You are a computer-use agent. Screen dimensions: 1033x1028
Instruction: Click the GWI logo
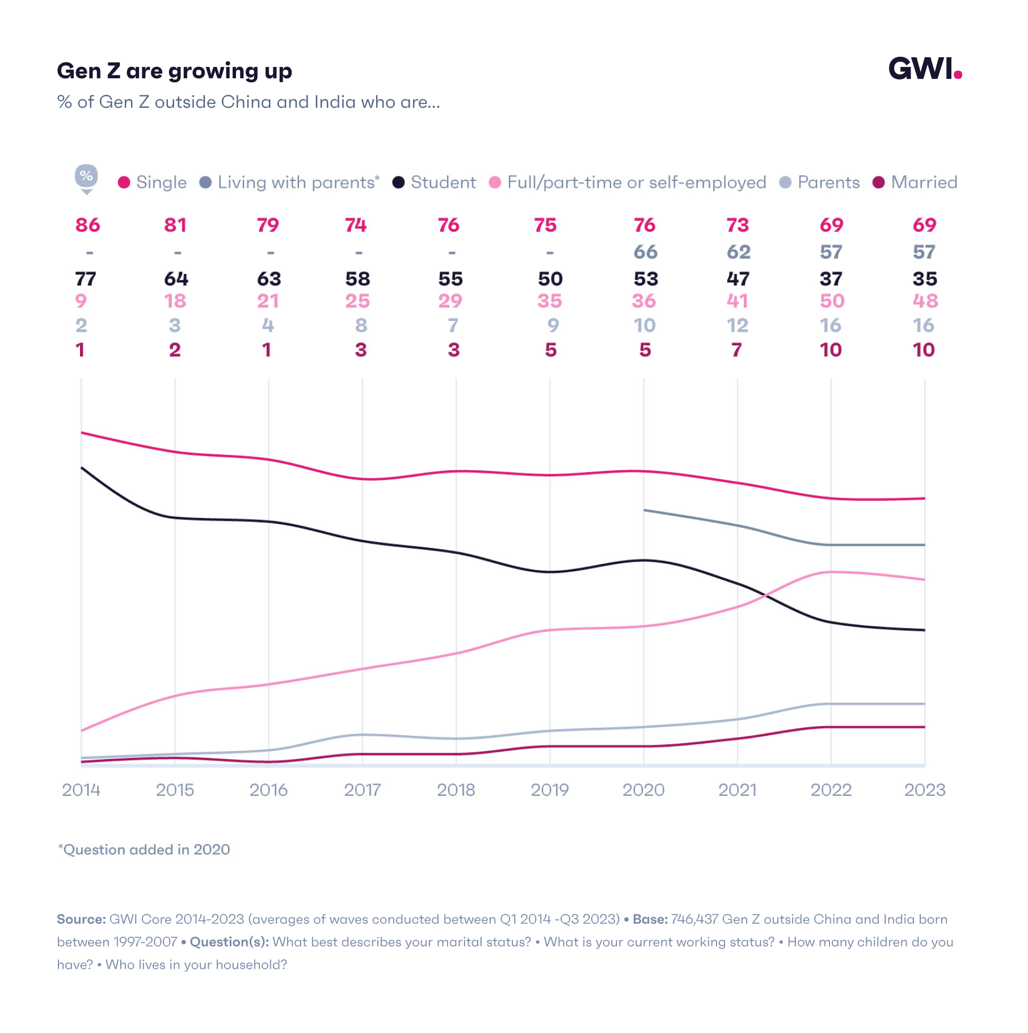pos(924,69)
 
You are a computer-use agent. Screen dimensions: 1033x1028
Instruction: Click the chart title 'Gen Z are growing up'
pos(174,71)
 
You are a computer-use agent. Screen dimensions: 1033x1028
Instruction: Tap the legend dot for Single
pos(124,182)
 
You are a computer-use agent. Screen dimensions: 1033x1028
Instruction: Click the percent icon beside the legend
pos(86,176)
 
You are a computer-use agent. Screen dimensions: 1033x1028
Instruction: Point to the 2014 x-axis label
pos(81,790)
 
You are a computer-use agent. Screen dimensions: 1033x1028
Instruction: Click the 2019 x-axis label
pos(549,790)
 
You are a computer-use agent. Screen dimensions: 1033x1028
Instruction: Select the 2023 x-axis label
pos(924,790)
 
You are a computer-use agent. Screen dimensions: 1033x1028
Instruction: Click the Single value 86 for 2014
pos(87,225)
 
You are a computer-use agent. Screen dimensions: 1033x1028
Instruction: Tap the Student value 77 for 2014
pos(86,279)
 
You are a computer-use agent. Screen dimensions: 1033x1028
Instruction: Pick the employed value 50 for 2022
pos(832,301)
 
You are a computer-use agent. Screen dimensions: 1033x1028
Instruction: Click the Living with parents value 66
pos(645,252)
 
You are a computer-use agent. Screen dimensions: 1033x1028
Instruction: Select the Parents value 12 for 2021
pos(737,325)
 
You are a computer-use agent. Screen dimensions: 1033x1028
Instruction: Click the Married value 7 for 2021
pos(736,349)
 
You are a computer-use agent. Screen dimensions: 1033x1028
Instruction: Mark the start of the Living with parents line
pos(644,510)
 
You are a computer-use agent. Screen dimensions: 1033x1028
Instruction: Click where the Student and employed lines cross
pos(766,596)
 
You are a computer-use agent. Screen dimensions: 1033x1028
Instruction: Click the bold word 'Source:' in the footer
pos(81,919)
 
